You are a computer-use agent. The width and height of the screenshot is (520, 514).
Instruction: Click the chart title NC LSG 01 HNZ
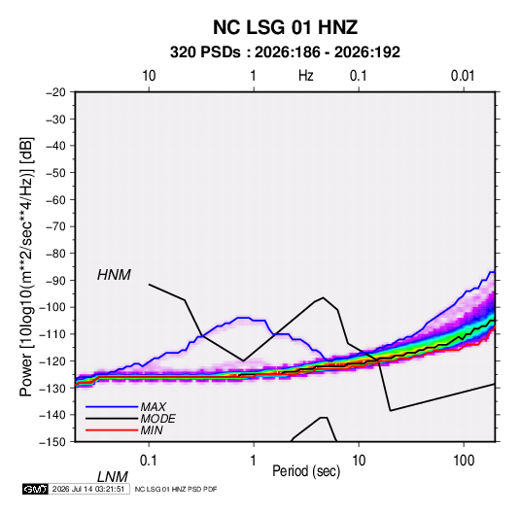click(x=285, y=27)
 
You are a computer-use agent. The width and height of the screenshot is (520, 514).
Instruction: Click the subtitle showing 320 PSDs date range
click(x=285, y=52)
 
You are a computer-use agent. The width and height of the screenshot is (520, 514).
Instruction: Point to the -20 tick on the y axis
click(x=55, y=92)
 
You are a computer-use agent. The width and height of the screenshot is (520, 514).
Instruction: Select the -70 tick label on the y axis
click(x=55, y=226)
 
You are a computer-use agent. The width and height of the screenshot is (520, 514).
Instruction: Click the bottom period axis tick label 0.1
click(x=149, y=461)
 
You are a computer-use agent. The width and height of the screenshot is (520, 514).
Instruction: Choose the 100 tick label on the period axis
click(x=464, y=461)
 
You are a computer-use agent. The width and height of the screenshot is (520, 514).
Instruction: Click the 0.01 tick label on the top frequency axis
click(x=463, y=76)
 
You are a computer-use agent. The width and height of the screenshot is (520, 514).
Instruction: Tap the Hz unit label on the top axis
click(x=306, y=76)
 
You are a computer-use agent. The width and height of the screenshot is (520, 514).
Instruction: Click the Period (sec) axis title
click(x=306, y=471)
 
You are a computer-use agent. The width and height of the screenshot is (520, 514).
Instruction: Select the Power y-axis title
click(x=26, y=267)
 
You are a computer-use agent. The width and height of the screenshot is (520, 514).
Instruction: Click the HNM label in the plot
click(x=114, y=275)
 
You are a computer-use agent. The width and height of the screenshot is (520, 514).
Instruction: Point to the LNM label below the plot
click(x=112, y=477)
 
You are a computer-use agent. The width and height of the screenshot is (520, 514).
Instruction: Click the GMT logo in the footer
click(x=36, y=489)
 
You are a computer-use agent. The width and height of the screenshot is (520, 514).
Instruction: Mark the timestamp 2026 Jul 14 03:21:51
click(x=88, y=489)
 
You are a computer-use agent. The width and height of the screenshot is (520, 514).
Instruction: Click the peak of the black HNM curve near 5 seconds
click(x=323, y=297)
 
